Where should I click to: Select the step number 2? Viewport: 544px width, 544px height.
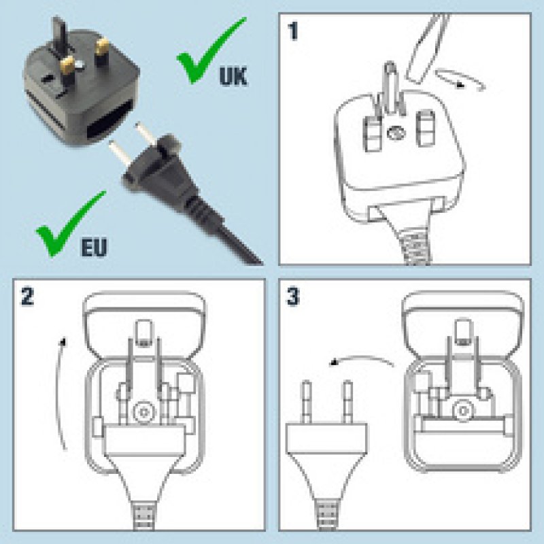(x=27, y=296)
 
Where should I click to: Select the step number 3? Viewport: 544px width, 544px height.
(x=294, y=296)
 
